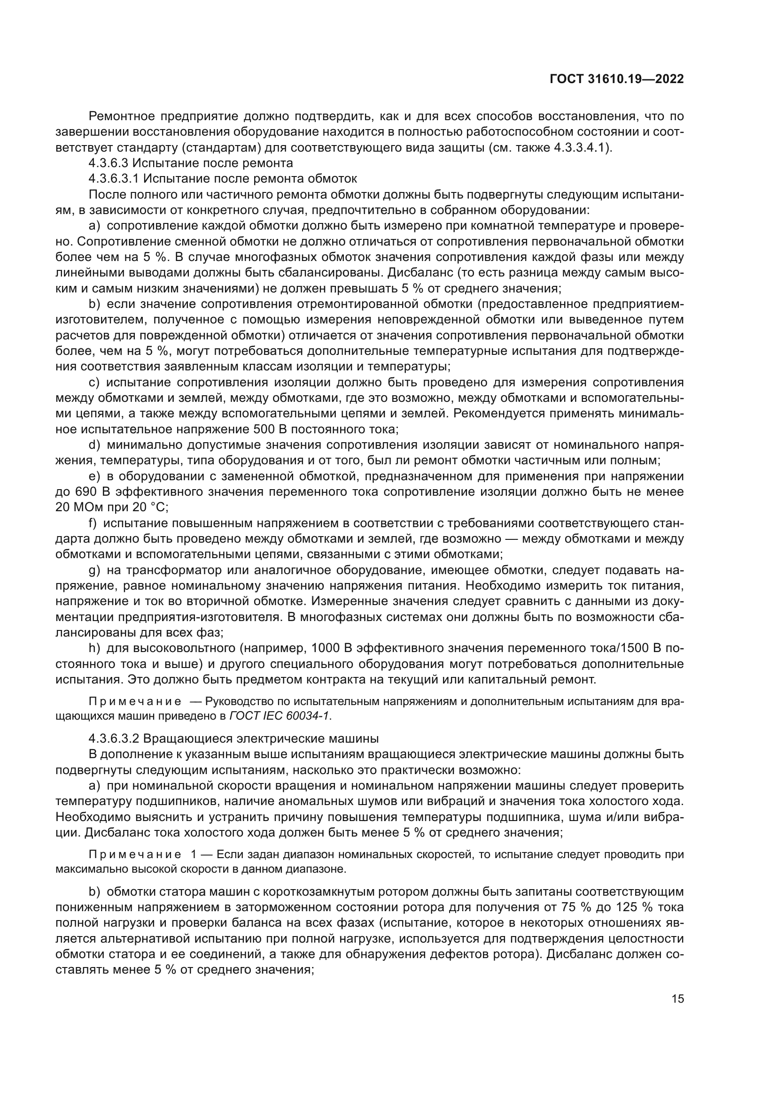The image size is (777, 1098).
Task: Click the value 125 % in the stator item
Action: [x=633, y=907]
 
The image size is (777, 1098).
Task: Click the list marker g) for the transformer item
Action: [x=94, y=570]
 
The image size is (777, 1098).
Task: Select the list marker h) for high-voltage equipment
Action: [x=94, y=648]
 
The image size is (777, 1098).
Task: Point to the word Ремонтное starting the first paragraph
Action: [x=122, y=116]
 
